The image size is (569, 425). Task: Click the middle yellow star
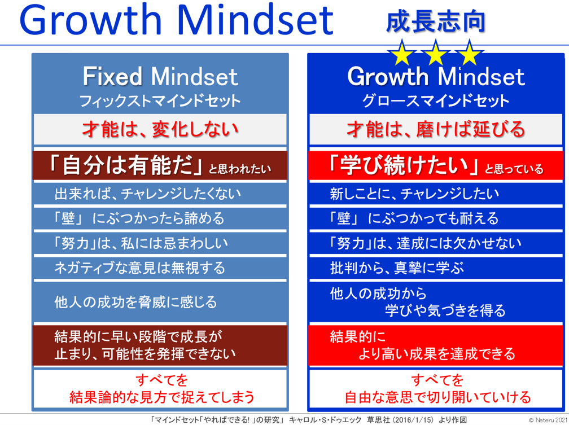pos(435,54)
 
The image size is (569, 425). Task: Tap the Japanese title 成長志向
pos(435,21)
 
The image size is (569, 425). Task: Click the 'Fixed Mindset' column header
pos(160,76)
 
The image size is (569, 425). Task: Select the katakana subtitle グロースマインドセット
pos(435,100)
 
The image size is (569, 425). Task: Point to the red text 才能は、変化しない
pos(160,129)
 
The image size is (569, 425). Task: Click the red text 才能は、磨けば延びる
pos(436,129)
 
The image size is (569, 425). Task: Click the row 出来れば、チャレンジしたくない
pos(148,194)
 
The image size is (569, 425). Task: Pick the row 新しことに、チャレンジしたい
pos(414,194)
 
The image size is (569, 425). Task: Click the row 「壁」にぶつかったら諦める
pos(139,218)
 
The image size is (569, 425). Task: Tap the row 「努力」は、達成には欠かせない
pos(425,243)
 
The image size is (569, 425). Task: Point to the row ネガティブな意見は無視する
pos(140,268)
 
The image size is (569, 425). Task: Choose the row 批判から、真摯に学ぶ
pos(397,268)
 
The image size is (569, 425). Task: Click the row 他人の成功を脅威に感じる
pos(135,302)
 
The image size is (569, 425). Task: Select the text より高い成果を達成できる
pos(437,353)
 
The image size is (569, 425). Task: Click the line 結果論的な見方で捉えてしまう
pos(162,397)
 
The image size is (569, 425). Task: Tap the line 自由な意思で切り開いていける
pos(437,397)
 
